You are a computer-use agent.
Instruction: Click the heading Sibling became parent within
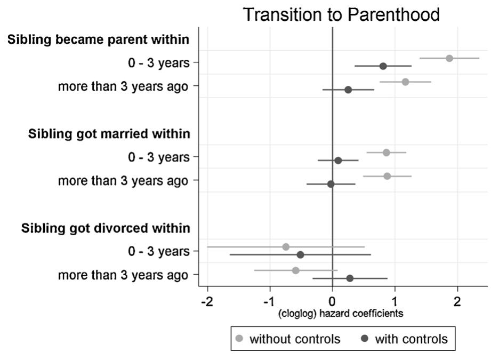click(99, 40)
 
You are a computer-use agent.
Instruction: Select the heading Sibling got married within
click(109, 134)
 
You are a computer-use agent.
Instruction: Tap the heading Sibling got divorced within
click(106, 228)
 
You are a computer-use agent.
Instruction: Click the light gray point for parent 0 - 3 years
click(449, 58)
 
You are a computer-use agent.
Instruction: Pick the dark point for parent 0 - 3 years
click(383, 66)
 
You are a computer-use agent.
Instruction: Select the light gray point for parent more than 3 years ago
click(405, 82)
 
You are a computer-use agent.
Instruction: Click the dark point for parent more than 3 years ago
click(348, 90)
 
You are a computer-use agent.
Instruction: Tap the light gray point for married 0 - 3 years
click(386, 153)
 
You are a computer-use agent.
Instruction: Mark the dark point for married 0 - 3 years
click(338, 161)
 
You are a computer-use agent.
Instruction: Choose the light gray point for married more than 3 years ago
click(387, 176)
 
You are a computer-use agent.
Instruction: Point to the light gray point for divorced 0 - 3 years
click(286, 247)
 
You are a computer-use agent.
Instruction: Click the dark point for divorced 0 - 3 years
click(300, 255)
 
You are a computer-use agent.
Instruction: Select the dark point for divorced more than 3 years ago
click(350, 278)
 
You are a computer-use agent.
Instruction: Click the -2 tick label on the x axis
click(207, 301)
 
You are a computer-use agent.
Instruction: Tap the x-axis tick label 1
click(395, 301)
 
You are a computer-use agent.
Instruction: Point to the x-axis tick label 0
click(332, 301)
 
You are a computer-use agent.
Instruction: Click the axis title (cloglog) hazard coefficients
click(341, 314)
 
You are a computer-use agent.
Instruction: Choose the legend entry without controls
click(288, 339)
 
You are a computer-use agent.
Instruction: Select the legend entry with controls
click(404, 339)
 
